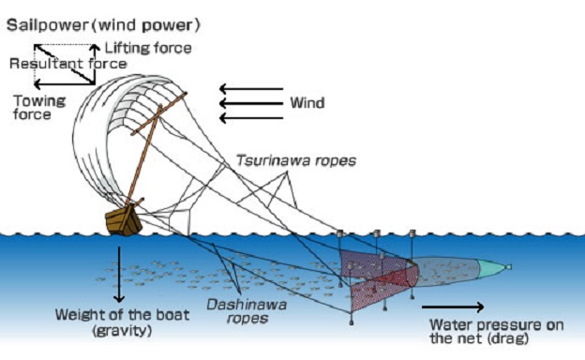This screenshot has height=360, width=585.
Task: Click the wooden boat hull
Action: tap(124, 221)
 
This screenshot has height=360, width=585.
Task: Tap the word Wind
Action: tap(307, 102)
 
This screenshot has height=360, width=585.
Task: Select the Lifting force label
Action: tap(148, 48)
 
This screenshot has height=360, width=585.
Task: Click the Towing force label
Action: tap(39, 108)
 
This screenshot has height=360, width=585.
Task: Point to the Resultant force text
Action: tap(68, 64)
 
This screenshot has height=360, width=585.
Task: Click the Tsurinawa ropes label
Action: tap(296, 160)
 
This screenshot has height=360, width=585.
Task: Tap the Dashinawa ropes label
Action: tap(247, 311)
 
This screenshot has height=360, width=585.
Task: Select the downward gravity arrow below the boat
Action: tap(119, 274)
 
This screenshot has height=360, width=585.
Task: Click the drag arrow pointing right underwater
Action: tap(453, 307)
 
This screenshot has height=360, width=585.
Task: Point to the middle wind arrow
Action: tap(251, 103)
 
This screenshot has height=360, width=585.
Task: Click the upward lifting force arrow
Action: tap(95, 64)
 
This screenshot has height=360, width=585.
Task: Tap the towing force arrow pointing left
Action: tap(64, 84)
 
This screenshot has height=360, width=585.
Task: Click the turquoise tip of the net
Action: tap(492, 268)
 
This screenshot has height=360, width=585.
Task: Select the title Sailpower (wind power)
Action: tap(103, 25)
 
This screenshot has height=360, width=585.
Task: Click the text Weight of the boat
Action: tap(123, 315)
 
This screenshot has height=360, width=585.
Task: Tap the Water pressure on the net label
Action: tap(497, 331)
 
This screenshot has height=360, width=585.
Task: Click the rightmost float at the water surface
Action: tap(412, 233)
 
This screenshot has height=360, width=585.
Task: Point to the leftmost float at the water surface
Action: tap(340, 233)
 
